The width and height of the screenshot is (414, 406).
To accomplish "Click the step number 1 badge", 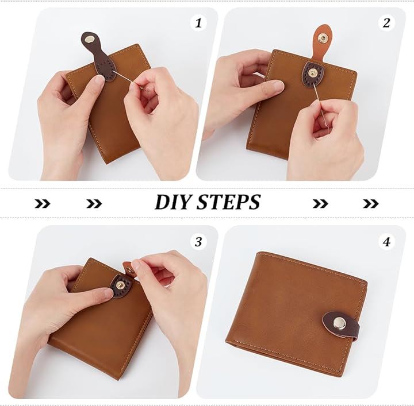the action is [x=198, y=23].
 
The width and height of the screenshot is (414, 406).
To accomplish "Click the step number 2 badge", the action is [x=386, y=23].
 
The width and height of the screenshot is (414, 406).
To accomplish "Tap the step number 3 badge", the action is [x=198, y=241].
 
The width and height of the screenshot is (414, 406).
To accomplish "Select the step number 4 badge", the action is [x=386, y=241].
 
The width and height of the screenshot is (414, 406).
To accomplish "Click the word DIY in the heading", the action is [x=174, y=202].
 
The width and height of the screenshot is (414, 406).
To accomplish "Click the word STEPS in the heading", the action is [x=229, y=202].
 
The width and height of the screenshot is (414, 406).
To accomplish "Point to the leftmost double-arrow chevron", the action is [x=42, y=203].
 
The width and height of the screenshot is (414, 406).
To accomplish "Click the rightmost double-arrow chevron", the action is [x=371, y=203].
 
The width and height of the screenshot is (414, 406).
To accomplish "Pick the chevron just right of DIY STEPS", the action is [x=320, y=203].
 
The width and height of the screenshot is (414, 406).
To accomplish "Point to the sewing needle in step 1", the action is [x=130, y=80].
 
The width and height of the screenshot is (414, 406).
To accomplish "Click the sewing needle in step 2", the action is [x=321, y=105].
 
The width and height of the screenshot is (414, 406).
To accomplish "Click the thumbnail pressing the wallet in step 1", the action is [x=99, y=80].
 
